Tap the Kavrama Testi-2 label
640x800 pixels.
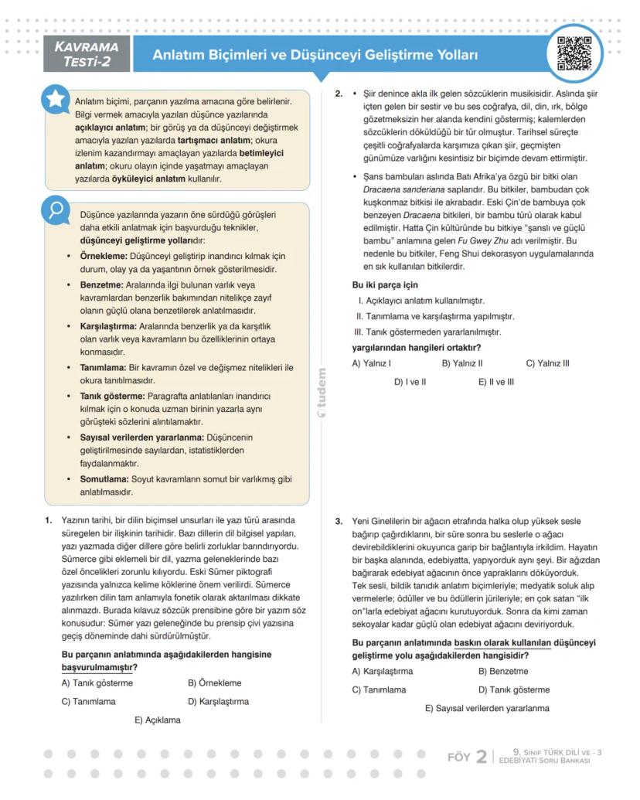click(86, 54)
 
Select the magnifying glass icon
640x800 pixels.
click(56, 211)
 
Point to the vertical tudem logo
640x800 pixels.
click(322, 395)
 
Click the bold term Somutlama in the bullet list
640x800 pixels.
click(104, 478)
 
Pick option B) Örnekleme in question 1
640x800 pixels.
click(214, 683)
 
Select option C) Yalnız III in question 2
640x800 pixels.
click(547, 363)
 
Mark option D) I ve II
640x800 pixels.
click(410, 381)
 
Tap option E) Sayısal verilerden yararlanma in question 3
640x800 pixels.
click(486, 708)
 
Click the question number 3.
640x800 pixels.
click(339, 521)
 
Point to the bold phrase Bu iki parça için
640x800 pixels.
click(385, 284)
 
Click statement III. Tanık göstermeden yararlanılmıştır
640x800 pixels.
click(427, 332)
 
